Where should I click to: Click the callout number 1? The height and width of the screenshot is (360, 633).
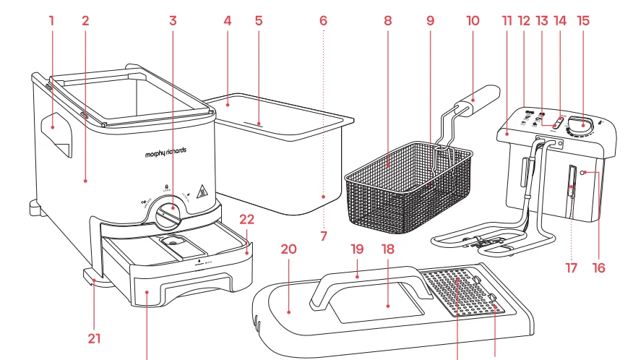click(x=52, y=20)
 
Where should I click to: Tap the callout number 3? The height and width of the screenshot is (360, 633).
click(x=173, y=20)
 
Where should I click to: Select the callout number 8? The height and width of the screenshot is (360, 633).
click(x=388, y=20)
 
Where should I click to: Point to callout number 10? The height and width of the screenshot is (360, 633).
click(x=473, y=20)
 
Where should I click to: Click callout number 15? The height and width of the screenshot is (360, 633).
click(x=583, y=20)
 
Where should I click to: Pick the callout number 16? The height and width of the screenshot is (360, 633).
click(x=598, y=267)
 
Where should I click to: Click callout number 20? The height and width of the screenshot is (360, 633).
click(x=289, y=249)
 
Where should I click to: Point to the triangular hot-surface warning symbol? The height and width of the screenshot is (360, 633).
click(x=204, y=193)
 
